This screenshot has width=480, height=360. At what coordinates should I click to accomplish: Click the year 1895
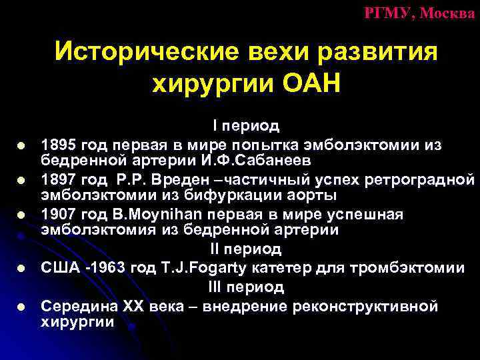click(57, 145)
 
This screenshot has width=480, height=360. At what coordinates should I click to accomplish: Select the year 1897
click(57, 179)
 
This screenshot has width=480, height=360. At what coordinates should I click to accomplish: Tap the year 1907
click(57, 215)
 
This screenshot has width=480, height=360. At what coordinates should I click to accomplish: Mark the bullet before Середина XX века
click(22, 307)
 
